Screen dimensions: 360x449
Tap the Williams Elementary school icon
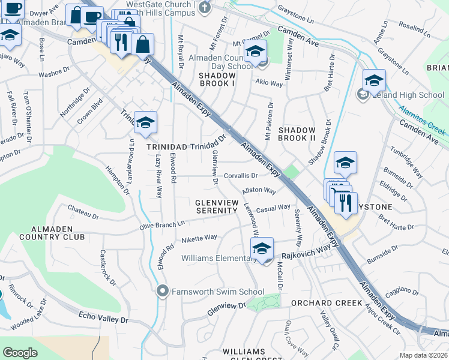click(x=262, y=248)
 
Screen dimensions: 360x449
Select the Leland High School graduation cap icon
click(x=374, y=80)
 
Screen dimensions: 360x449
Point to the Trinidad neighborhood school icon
click(x=145, y=122)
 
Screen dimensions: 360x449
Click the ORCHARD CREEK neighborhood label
click(x=327, y=303)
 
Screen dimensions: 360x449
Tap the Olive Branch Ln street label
click(x=162, y=224)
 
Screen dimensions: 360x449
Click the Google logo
click(x=20, y=353)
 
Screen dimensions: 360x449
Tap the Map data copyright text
click(x=423, y=355)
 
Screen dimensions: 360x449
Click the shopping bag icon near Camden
click(x=142, y=44)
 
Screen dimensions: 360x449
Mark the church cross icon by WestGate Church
click(x=205, y=7)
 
